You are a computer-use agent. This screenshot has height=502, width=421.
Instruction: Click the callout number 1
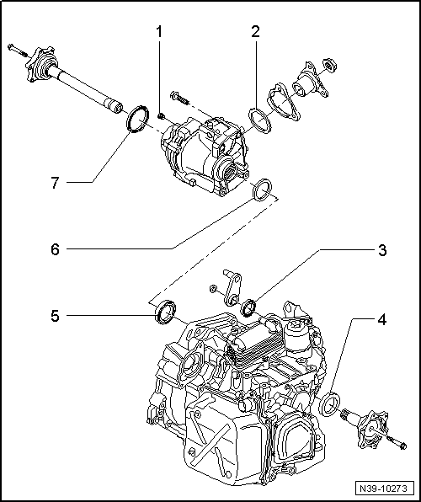click(157, 33)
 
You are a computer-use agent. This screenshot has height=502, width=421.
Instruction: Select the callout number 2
click(254, 33)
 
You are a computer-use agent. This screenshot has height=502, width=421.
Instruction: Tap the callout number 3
click(381, 250)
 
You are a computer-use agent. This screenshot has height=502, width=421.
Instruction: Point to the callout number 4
click(381, 320)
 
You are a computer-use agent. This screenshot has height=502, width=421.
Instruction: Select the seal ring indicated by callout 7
click(135, 118)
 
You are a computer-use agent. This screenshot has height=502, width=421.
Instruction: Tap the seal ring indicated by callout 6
click(264, 191)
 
